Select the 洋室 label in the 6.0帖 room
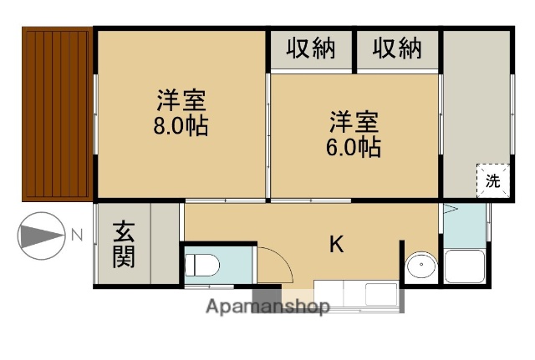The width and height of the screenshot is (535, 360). pos(354,122)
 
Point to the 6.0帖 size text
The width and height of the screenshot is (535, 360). pos(354,148)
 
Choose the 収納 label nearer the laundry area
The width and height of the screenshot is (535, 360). pos(397,49)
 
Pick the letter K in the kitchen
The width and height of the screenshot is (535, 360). pos(336,244)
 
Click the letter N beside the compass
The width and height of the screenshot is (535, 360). pos(76,236)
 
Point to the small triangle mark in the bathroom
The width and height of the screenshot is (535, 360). pos(449,210)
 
